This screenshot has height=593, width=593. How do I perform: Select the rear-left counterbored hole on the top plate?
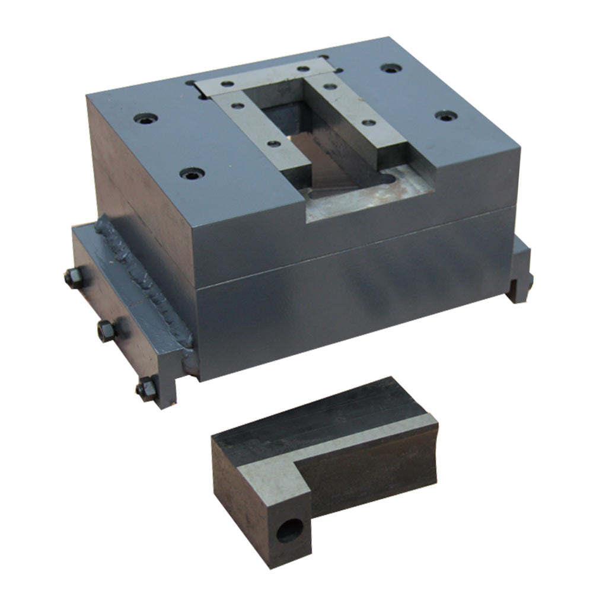click(x=145, y=119)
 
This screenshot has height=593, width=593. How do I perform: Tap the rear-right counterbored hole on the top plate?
click(x=389, y=69)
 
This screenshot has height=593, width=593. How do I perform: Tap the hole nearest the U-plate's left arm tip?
click(x=274, y=143)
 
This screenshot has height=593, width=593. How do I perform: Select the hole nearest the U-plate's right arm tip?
click(x=369, y=123)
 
